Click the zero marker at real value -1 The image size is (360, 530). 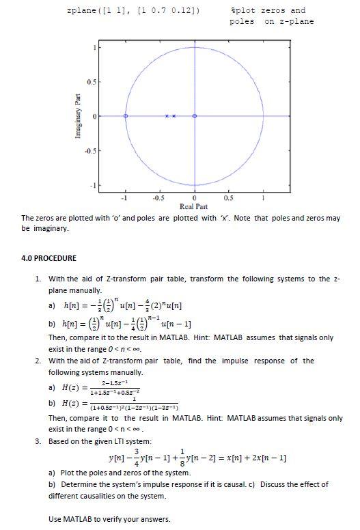tap(126, 116)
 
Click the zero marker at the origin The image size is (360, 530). tap(195, 116)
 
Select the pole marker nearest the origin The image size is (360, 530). tap(174, 116)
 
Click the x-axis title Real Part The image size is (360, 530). tap(194, 206)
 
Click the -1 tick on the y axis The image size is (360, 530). tap(92, 185)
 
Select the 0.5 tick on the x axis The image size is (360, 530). tap(229, 197)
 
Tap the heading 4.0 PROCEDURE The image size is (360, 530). tap(49, 258)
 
